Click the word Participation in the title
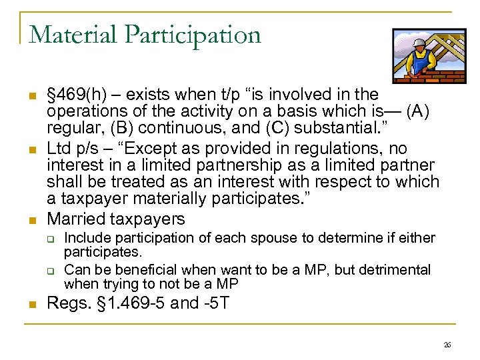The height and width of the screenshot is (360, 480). (x=194, y=35)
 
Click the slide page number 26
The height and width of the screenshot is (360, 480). (x=447, y=344)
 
